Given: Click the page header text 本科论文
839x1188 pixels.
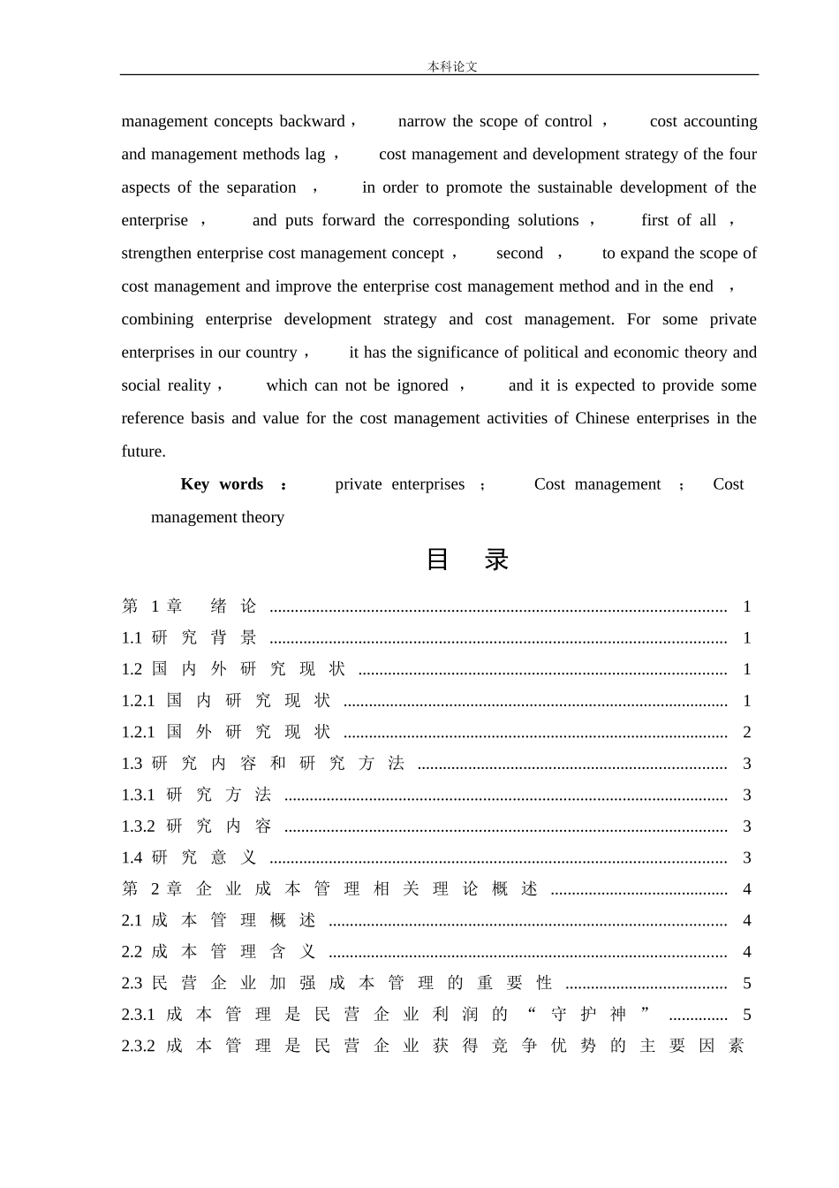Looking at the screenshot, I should (x=452, y=66).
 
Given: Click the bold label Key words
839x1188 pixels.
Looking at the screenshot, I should (x=222, y=484).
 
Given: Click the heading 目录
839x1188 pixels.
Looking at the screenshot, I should (x=467, y=560).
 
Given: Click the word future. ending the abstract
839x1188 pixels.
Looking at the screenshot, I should (x=143, y=451).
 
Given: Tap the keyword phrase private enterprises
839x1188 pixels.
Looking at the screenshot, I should (x=399, y=484).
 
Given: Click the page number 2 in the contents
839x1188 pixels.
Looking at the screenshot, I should (x=747, y=732).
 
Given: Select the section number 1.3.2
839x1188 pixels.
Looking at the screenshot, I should (x=138, y=826).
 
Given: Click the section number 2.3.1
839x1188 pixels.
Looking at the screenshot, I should (x=138, y=1015).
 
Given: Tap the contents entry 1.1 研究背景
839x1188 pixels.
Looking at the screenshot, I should (x=190, y=638).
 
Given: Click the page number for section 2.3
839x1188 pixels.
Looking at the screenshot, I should (x=747, y=983).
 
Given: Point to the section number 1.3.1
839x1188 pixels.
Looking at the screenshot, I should (x=138, y=795).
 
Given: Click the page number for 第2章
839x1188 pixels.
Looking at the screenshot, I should (x=747, y=889).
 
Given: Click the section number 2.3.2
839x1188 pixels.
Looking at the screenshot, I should (x=138, y=1046).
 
